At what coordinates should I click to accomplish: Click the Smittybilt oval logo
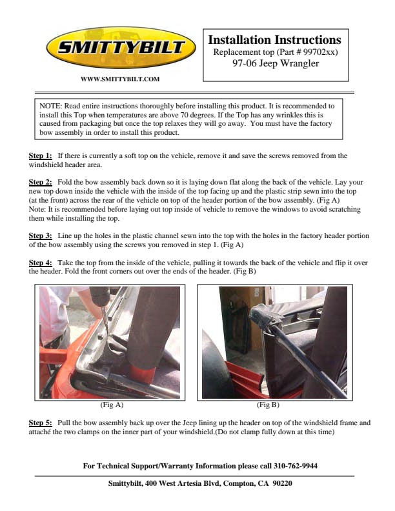click(121, 48)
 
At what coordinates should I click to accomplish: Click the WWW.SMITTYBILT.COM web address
click(120, 79)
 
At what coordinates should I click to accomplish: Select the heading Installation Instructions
click(275, 40)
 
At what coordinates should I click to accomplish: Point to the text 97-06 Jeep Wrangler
click(276, 63)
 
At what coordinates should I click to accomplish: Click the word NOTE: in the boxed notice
click(50, 106)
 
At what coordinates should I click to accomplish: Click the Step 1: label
click(41, 155)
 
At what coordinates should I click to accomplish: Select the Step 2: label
click(41, 182)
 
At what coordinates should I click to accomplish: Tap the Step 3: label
click(41, 235)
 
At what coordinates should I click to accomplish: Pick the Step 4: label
click(41, 263)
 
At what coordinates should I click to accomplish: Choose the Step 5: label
click(41, 423)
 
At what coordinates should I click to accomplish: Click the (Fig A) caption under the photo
click(112, 405)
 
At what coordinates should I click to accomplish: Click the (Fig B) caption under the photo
click(268, 405)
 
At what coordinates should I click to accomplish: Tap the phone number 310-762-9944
click(296, 466)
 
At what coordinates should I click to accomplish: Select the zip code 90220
click(282, 483)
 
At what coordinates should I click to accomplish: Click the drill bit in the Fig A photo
click(105, 321)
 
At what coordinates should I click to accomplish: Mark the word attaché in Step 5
click(40, 432)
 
